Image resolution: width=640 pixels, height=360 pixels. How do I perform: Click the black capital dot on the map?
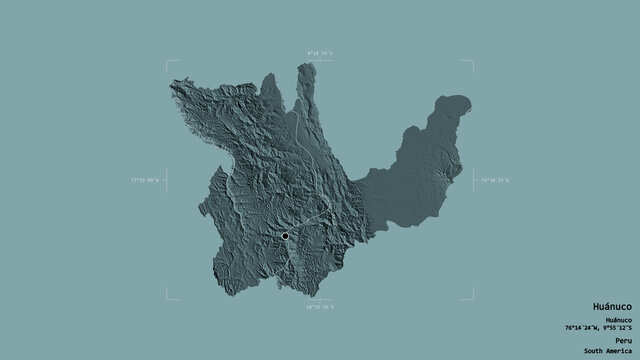(x=285, y=236)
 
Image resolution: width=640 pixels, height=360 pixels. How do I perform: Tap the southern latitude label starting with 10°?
(x=320, y=307)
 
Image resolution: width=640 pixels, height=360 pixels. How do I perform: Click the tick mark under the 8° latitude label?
(x=320, y=60)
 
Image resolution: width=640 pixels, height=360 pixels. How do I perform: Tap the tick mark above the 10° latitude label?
(x=320, y=298)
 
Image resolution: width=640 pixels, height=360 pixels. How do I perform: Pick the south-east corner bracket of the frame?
(x=471, y=297)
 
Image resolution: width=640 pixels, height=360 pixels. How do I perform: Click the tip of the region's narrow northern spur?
(x=301, y=66)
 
